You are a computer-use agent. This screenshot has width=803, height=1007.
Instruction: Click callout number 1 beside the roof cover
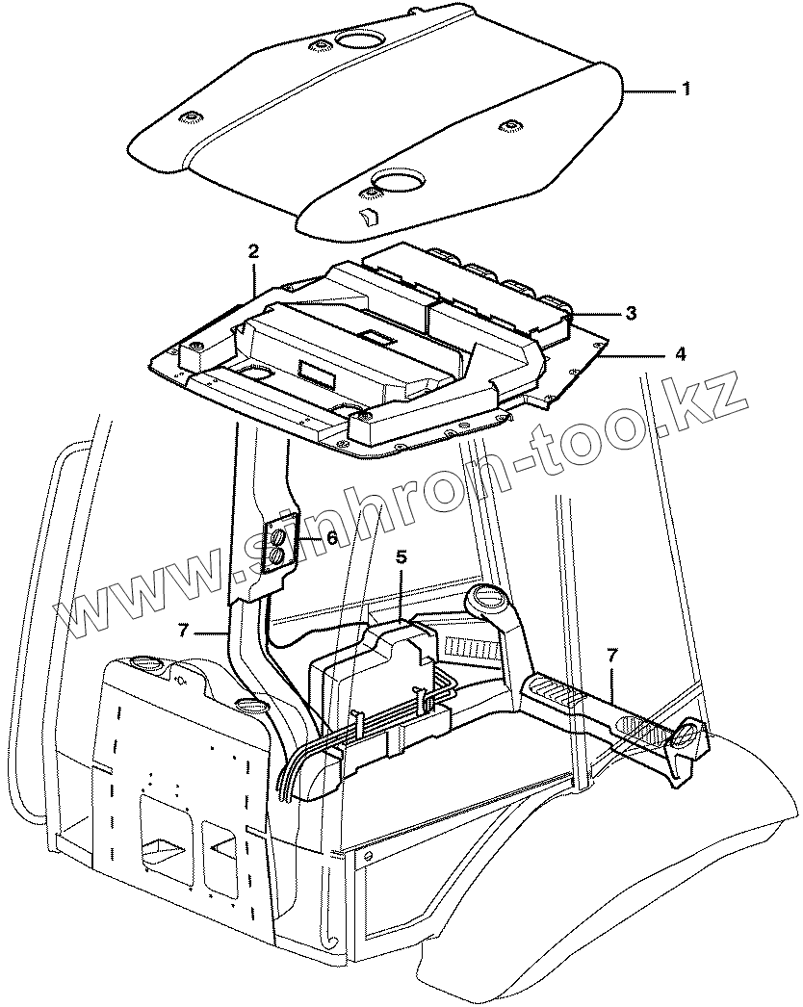coord(686,89)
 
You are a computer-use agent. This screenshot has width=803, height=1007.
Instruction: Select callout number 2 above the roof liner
coord(253,252)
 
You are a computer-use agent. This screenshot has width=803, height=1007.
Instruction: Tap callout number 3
coord(630,313)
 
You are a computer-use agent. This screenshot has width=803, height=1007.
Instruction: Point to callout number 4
coord(680,354)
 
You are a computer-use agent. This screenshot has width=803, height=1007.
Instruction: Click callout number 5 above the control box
coord(401,557)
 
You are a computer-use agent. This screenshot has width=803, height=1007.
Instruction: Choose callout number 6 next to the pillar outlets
coord(331,538)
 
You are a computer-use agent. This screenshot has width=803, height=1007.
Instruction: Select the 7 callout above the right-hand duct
coord(611,655)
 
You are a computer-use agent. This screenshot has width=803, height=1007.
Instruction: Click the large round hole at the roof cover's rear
coord(359,40)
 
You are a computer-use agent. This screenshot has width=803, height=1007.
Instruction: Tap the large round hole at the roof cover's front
coord(398,180)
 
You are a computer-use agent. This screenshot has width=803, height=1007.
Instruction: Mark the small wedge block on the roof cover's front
coord(367,215)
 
